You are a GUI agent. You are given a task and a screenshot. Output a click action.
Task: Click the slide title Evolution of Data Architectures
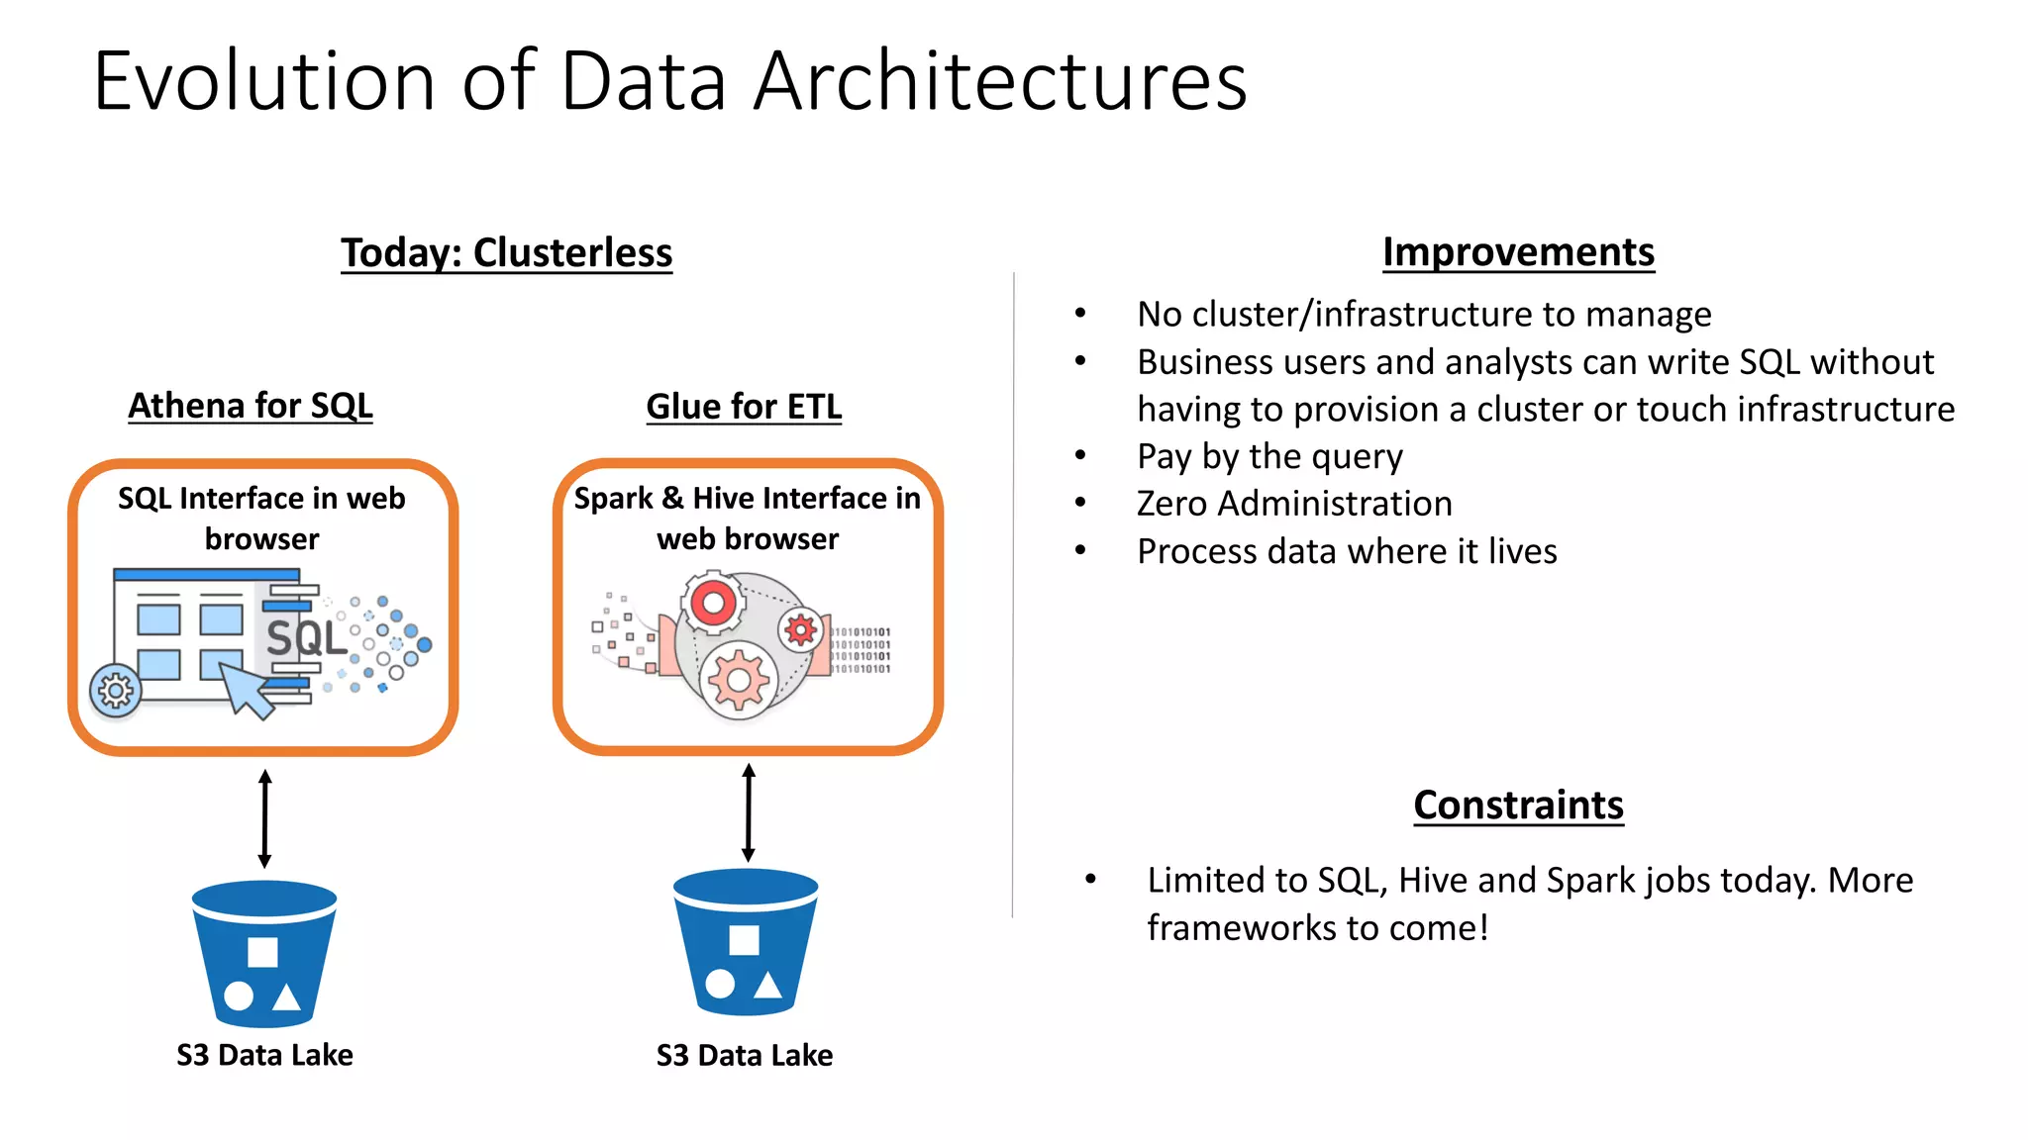[669, 81]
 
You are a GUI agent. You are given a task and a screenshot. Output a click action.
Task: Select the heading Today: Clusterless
[506, 252]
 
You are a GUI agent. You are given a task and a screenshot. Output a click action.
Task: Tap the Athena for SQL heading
[251, 406]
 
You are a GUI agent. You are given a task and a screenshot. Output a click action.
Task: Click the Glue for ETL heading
[744, 407]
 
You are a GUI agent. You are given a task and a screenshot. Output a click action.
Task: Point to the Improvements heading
[1518, 252]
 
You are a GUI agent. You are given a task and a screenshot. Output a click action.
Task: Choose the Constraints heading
[1518, 805]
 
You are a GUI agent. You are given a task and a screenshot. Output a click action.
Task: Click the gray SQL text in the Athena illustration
[306, 638]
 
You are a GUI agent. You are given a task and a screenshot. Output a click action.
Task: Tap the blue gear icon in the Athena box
[116, 690]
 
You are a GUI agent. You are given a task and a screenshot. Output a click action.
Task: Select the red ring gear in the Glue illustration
[713, 602]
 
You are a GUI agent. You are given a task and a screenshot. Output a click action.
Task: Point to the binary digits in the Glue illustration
[861, 650]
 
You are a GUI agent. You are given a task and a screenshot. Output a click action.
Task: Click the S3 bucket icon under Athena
[264, 953]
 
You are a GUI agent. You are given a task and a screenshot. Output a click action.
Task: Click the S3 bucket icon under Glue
[746, 942]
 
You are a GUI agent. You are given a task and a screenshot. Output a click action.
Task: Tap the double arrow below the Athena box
[264, 819]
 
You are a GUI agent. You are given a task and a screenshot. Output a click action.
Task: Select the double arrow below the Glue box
[749, 812]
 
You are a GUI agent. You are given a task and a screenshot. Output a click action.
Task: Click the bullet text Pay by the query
[1269, 456]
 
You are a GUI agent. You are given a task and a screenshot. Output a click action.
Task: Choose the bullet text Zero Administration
[1294, 504]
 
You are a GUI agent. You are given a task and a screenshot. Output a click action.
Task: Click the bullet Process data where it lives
[1347, 551]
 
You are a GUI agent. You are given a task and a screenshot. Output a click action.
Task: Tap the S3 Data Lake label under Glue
[745, 1055]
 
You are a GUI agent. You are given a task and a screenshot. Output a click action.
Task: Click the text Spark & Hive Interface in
[748, 498]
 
